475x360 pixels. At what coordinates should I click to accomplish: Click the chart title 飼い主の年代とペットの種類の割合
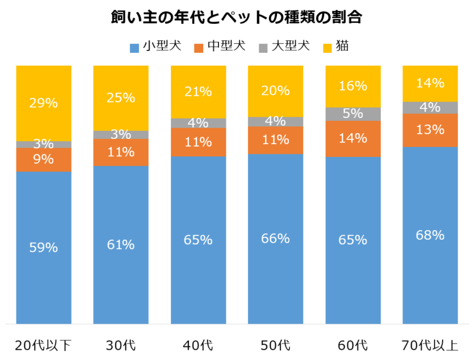(x=237, y=18)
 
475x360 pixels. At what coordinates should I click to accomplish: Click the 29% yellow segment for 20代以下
(x=44, y=103)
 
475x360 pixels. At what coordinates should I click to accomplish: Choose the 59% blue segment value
(x=44, y=247)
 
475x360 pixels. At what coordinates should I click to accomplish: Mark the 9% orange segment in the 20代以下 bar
(x=44, y=159)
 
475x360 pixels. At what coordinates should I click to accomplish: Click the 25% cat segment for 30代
(x=121, y=98)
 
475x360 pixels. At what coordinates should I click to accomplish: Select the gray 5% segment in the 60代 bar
(x=353, y=113)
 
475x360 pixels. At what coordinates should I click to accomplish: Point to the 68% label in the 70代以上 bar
(x=430, y=235)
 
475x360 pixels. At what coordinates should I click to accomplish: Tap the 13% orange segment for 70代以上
(x=430, y=130)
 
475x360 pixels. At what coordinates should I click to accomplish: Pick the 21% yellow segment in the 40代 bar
(x=198, y=91)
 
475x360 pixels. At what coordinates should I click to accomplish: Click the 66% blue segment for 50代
(x=275, y=238)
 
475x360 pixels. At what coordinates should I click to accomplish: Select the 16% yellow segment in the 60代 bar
(x=353, y=86)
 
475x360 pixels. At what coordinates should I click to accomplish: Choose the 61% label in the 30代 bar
(x=121, y=244)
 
